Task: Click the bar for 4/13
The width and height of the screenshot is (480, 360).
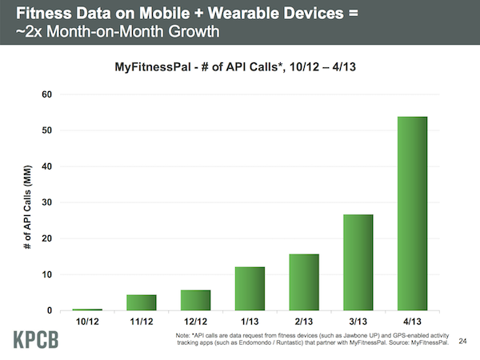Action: coord(412,214)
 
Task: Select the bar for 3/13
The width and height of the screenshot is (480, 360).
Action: coord(358,262)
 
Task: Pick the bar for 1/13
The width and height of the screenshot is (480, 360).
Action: coord(250,288)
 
